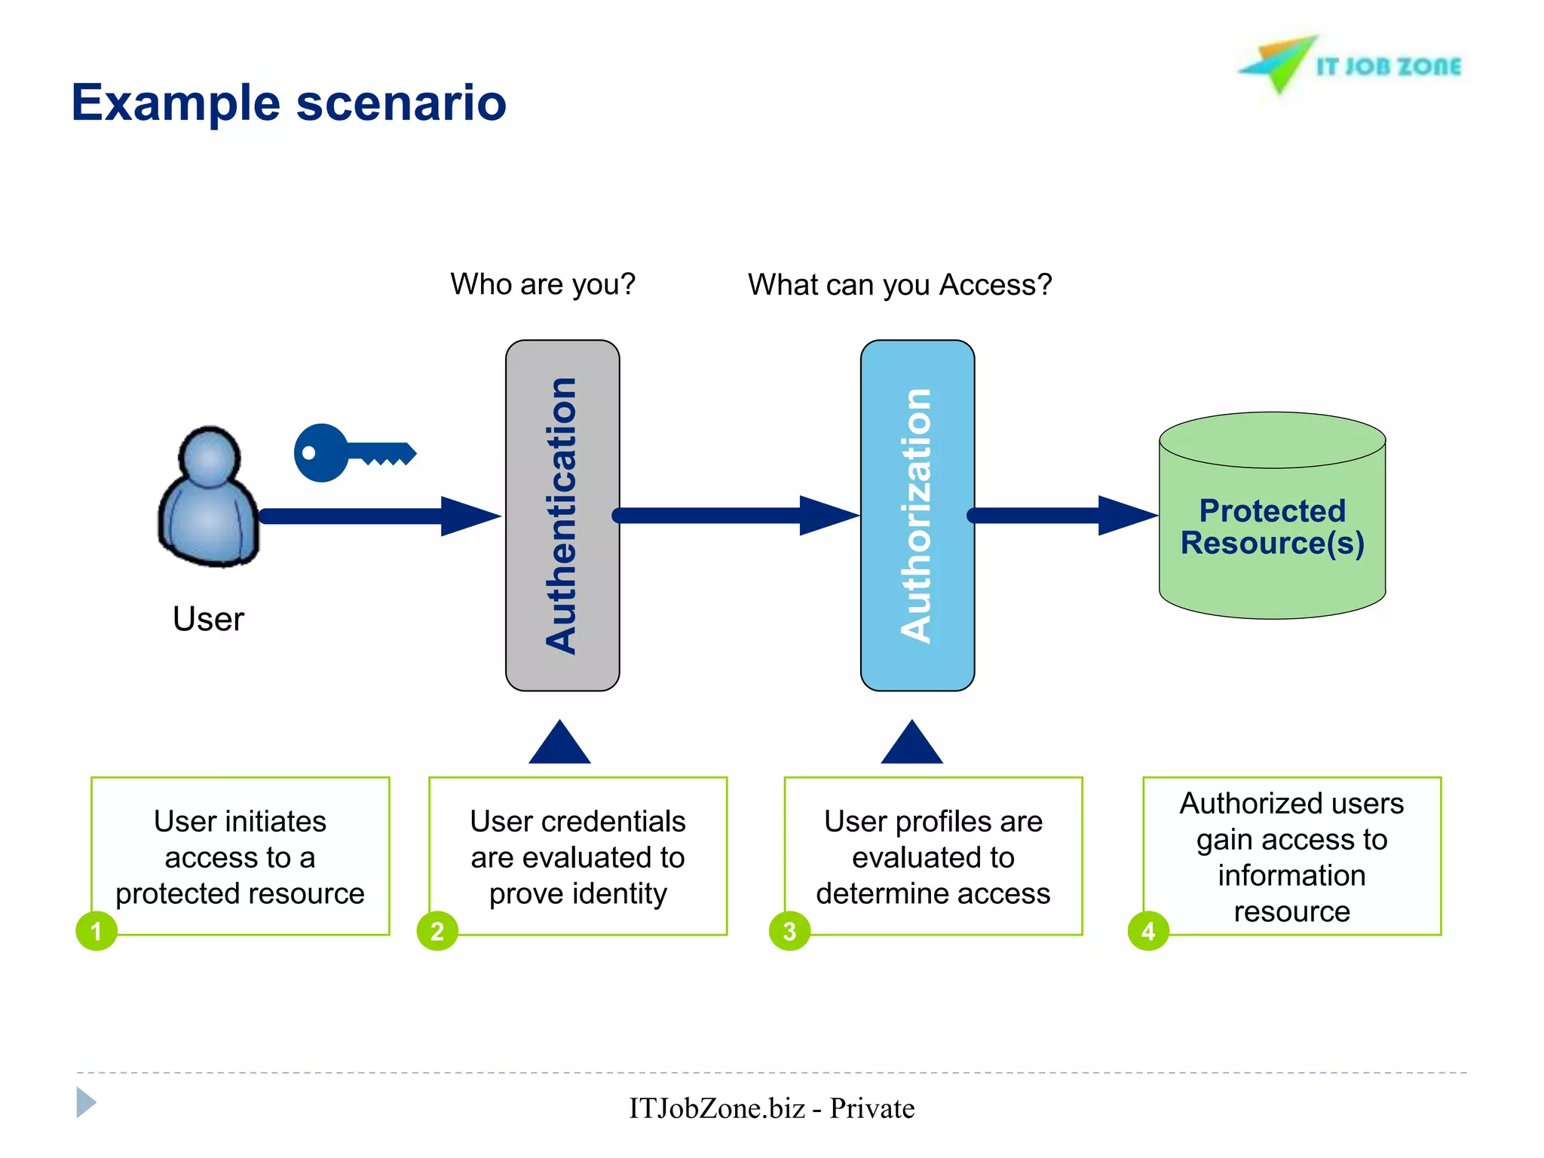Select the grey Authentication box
click(x=562, y=516)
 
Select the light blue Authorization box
click(x=918, y=516)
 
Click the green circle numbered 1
click(x=96, y=931)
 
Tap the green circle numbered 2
click(x=437, y=931)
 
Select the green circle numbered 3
click(x=789, y=931)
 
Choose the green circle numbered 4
click(x=1148, y=931)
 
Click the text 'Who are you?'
click(x=543, y=284)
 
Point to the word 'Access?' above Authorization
click(x=995, y=285)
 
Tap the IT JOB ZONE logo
click(x=1349, y=66)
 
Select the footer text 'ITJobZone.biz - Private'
click(x=771, y=1108)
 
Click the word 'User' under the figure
click(x=208, y=619)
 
